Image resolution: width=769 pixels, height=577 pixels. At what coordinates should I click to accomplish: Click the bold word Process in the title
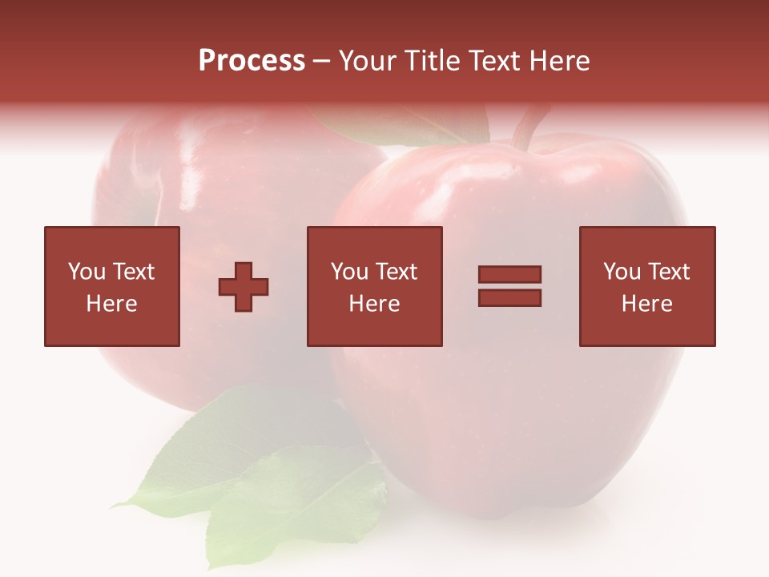tap(252, 61)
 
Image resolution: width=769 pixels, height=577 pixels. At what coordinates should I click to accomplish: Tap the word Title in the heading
tap(432, 61)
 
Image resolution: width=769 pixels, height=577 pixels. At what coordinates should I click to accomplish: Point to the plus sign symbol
tap(244, 287)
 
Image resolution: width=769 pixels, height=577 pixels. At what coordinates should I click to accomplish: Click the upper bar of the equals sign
tap(509, 274)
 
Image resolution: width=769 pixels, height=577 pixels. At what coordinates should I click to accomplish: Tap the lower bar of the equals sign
tap(509, 298)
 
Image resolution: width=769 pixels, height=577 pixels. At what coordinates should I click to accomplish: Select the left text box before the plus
tap(111, 286)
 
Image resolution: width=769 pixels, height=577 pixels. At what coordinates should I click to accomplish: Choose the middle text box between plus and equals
tap(374, 286)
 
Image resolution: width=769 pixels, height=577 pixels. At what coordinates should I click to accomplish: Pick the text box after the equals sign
tap(646, 286)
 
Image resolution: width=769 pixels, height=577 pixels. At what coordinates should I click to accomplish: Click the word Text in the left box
tap(134, 272)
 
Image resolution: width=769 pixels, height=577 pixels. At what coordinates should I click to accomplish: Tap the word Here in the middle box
tap(374, 304)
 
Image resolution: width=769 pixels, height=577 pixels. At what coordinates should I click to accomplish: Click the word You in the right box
tap(622, 272)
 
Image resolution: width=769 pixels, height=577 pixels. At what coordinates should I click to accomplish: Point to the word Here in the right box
tap(646, 304)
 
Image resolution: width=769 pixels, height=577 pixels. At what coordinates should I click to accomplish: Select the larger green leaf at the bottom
tap(240, 449)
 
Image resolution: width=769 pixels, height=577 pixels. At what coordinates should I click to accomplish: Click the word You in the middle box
tap(350, 272)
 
